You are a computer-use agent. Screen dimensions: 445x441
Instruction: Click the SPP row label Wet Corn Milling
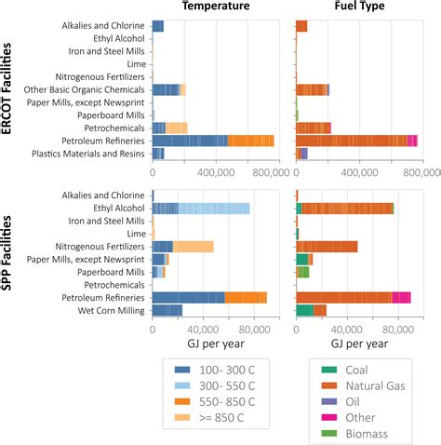point(110,310)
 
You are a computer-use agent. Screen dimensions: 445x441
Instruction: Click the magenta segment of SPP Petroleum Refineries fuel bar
point(401,297)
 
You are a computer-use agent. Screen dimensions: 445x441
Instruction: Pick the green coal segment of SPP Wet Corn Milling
point(303,310)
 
